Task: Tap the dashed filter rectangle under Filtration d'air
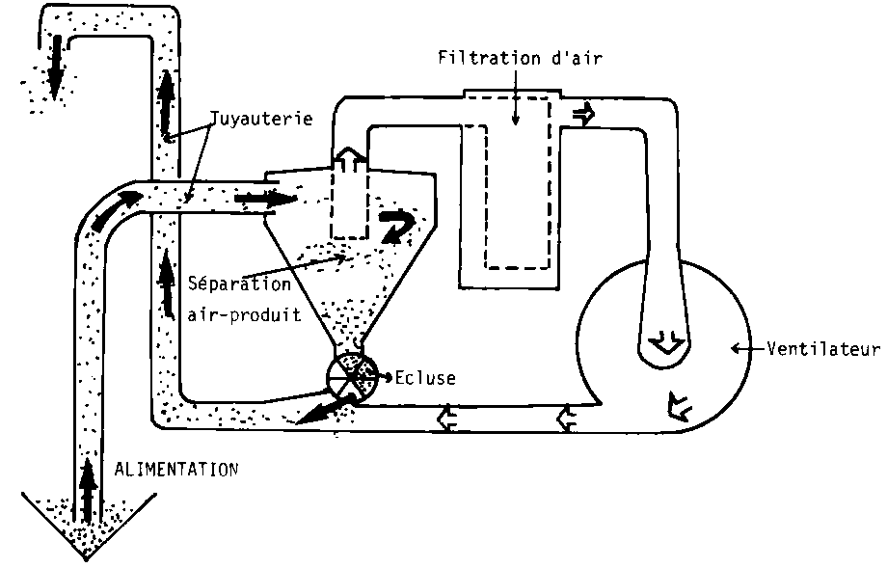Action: click(x=517, y=183)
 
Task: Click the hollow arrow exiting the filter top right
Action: click(x=583, y=114)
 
